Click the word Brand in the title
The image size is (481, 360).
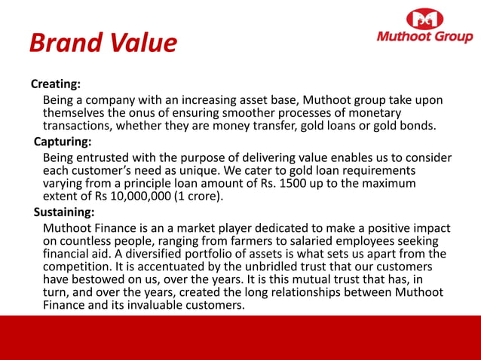point(64,43)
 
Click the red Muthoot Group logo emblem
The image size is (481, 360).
point(424,19)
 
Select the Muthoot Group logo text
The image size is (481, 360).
point(424,38)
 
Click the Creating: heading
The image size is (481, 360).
point(56,83)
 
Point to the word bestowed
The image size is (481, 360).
point(102,279)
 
